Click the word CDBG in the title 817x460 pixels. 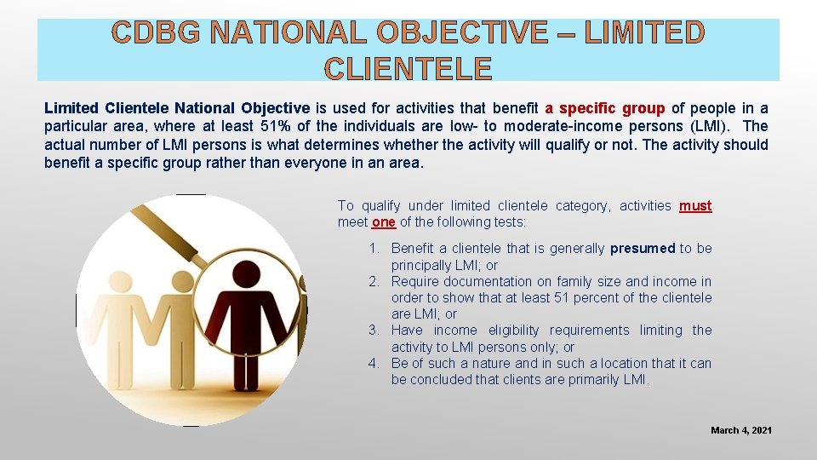point(156,33)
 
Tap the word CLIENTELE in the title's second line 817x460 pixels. point(408,68)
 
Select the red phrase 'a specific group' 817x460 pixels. point(605,108)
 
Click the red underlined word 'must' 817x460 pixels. point(695,206)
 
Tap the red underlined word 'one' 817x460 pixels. point(384,222)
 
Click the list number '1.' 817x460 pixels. point(374,249)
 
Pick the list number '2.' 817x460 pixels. point(374,281)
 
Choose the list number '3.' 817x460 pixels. point(374,331)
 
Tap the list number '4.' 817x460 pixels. point(374,363)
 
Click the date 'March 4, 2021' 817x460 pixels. point(741,431)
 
